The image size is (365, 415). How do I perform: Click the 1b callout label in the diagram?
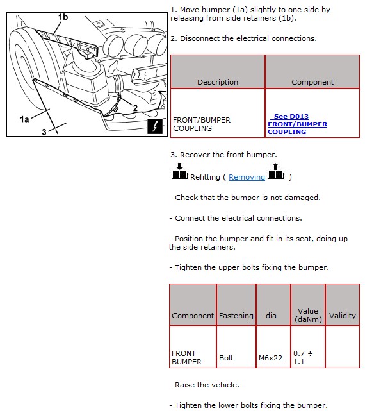[x=63, y=17]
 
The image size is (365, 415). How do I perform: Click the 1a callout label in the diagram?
[x=24, y=119]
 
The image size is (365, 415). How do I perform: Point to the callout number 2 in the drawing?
[x=135, y=108]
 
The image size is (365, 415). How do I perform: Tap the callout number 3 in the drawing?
[x=44, y=131]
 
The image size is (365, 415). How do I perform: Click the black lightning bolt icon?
[x=155, y=126]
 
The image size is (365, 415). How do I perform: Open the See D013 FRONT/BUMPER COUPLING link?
[x=297, y=124]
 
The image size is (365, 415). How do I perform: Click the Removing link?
[x=247, y=177]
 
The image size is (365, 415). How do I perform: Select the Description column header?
[x=218, y=82]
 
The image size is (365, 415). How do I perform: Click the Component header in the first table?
[x=312, y=82]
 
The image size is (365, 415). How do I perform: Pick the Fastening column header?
[x=236, y=316]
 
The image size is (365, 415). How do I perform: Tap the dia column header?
[x=271, y=316]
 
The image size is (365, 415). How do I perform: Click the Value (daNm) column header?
[x=308, y=315]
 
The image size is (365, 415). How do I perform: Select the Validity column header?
[x=343, y=316]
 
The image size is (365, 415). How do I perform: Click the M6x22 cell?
[x=270, y=358]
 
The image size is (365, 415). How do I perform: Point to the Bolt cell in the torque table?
[x=226, y=358]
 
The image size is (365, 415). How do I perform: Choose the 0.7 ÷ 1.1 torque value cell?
[x=303, y=357]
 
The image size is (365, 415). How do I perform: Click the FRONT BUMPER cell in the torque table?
[x=186, y=357]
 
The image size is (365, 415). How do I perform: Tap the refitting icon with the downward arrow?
[x=179, y=171]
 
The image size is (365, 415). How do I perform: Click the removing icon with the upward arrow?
[x=275, y=171]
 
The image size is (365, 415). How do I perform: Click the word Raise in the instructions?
[x=184, y=385]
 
